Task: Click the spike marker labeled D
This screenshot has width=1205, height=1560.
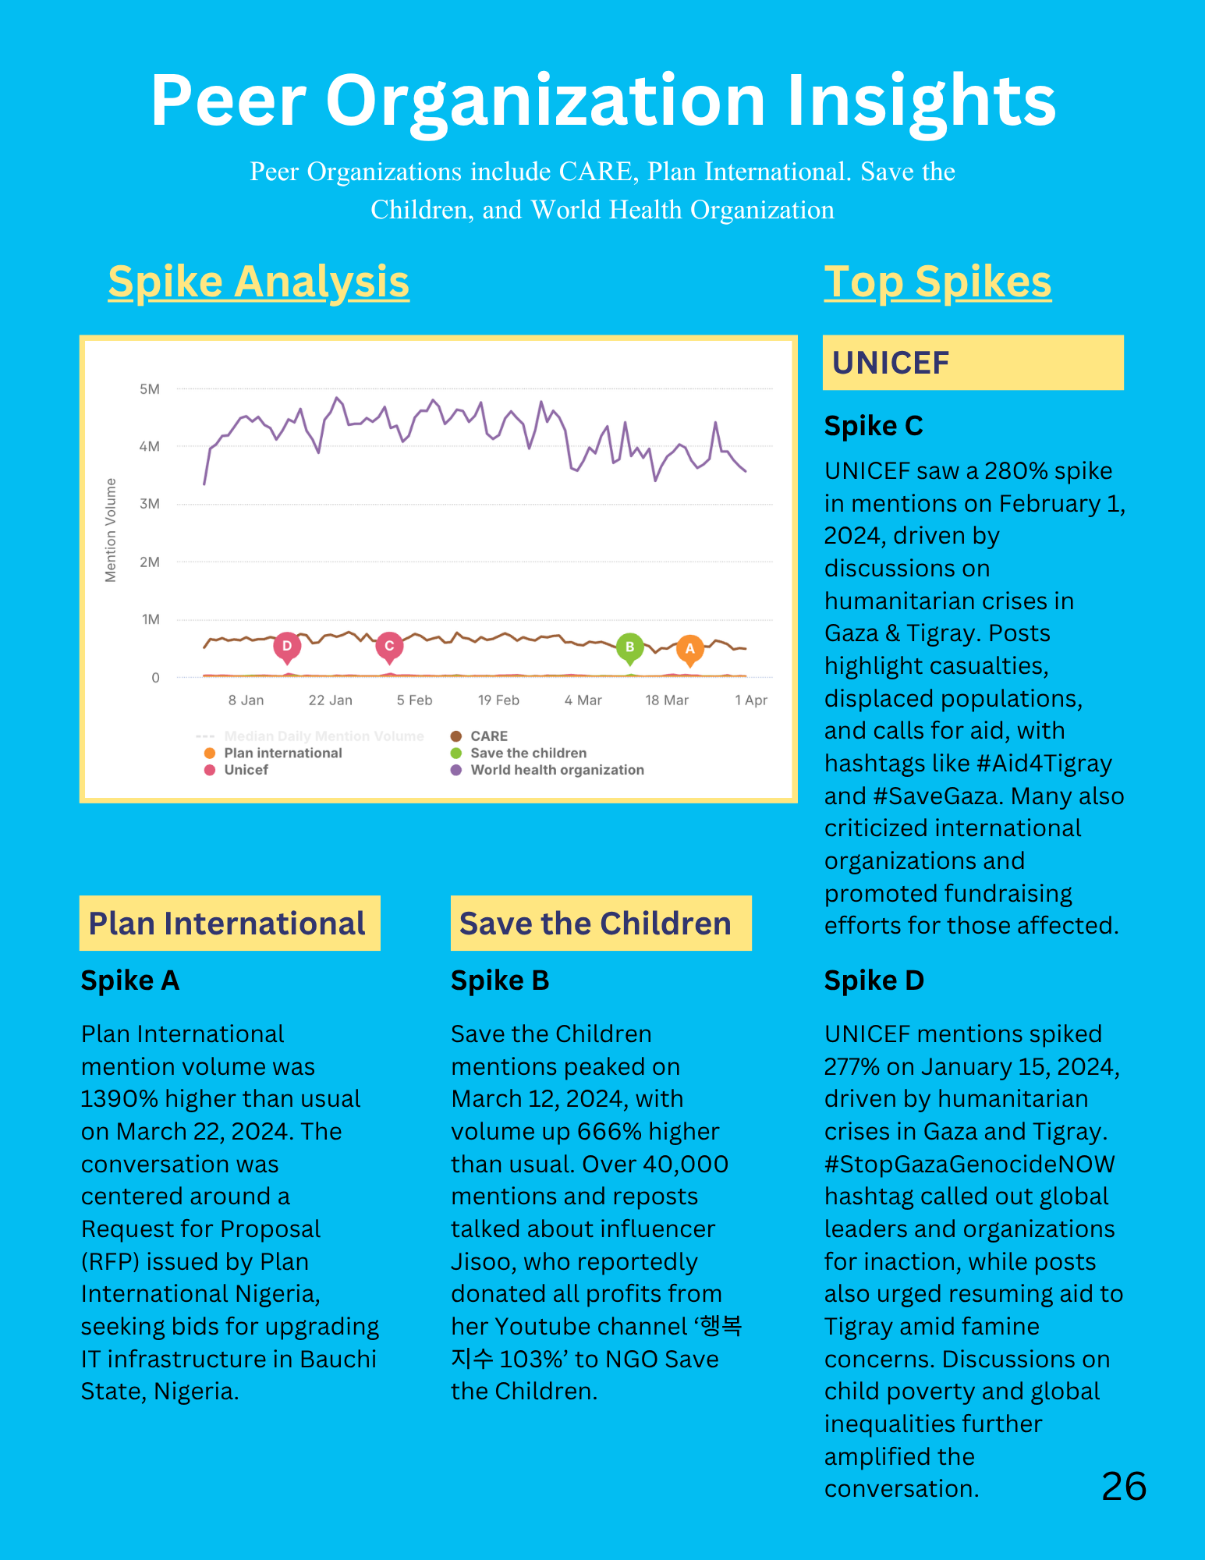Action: coord(287,647)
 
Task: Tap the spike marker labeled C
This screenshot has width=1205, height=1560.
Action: coord(389,647)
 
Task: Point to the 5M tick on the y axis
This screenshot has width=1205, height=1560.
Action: coord(149,389)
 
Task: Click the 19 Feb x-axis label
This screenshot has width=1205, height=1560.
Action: coord(498,700)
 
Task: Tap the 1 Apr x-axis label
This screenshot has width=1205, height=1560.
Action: coord(751,700)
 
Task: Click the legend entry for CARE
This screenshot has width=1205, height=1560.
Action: coord(479,736)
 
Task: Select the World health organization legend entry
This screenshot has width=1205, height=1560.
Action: coord(548,770)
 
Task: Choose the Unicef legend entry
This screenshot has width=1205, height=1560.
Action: coord(236,770)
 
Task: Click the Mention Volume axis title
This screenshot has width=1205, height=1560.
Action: coord(111,530)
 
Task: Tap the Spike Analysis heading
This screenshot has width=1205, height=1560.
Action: coord(259,282)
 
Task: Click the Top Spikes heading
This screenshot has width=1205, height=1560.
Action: coord(937,282)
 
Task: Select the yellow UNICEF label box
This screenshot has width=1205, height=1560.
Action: coord(973,363)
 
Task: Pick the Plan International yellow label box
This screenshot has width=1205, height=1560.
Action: coord(230,923)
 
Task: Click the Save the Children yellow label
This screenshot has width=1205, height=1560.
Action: coord(601,923)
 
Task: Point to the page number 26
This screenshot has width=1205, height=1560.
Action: coord(1124,1487)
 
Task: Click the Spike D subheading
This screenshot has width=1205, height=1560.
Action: coord(874,980)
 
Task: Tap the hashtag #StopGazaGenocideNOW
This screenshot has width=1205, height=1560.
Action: coord(969,1164)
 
